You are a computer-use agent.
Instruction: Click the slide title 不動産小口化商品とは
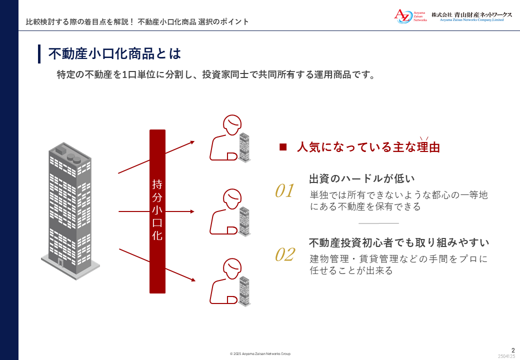[114, 53]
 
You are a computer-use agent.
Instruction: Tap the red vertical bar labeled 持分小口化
[157, 211]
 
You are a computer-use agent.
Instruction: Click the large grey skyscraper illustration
[70, 211]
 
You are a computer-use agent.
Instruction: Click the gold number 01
[284, 191]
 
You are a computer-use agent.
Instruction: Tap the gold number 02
[284, 255]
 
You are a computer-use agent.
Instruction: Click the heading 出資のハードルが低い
[362, 178]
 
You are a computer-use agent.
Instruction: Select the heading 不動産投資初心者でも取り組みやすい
[399, 242]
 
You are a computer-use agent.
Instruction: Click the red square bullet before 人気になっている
[283, 147]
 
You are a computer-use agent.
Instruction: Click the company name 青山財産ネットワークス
[483, 14]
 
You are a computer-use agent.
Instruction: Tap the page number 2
[513, 350]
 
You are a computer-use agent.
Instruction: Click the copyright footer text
[260, 353]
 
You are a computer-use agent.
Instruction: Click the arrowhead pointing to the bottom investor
[193, 280]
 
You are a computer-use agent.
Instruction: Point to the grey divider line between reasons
[378, 223]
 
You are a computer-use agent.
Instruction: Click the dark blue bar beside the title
[39, 53]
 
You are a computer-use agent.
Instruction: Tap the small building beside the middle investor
[244, 221]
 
